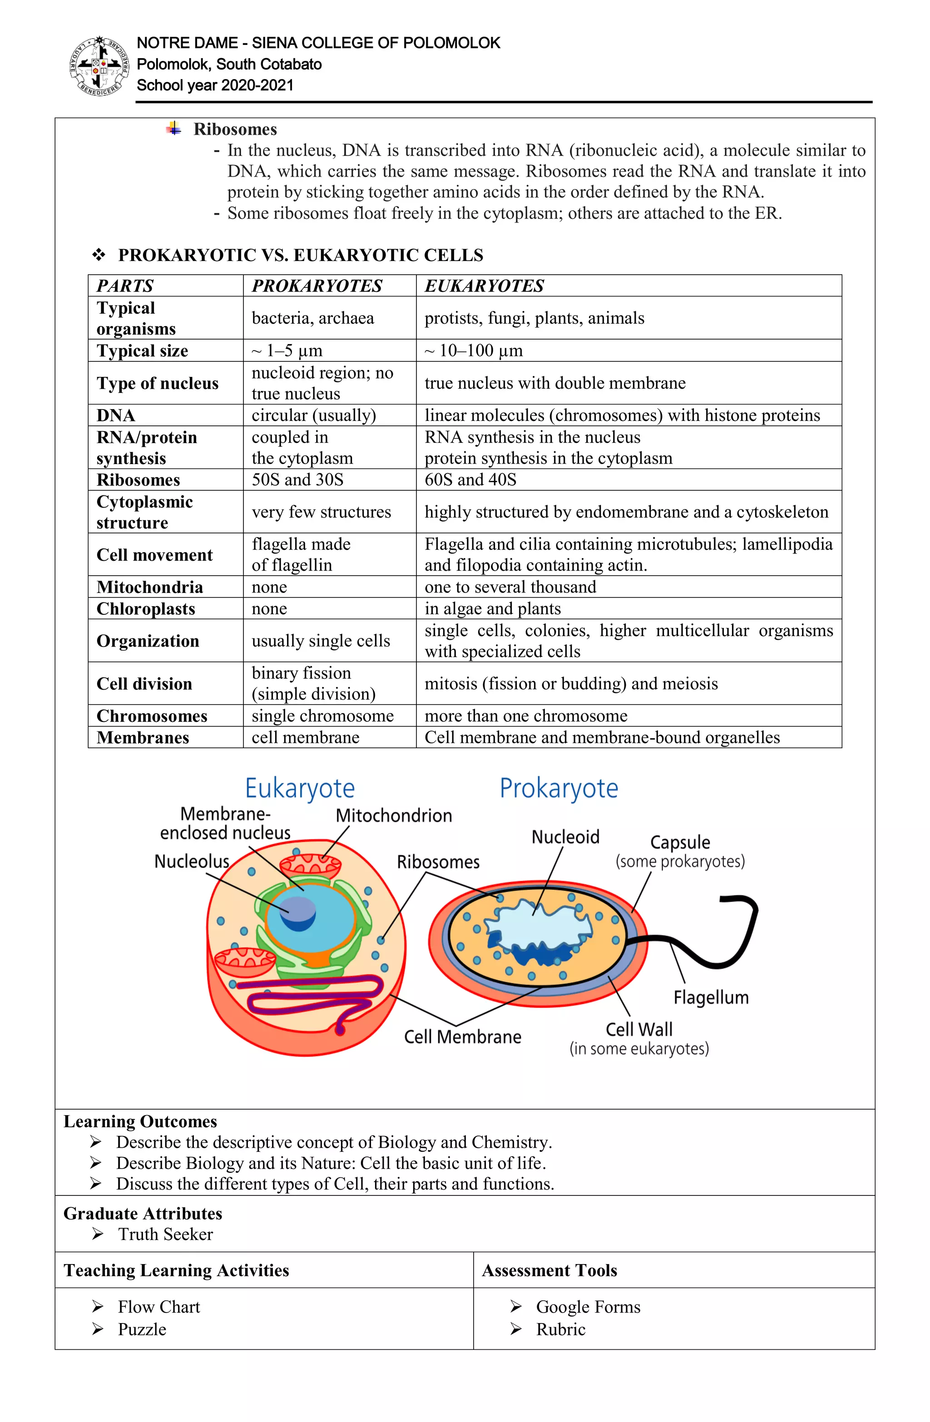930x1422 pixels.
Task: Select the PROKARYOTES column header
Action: (x=317, y=286)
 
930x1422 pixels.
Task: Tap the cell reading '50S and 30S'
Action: (x=297, y=480)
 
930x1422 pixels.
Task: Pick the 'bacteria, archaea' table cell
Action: (x=312, y=318)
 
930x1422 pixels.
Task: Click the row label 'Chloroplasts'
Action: (x=146, y=608)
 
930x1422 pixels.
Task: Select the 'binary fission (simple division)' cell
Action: (x=313, y=683)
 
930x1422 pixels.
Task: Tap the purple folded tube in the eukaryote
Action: (x=311, y=995)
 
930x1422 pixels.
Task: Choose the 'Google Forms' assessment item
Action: (x=588, y=1307)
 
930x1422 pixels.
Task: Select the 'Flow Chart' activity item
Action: (x=158, y=1307)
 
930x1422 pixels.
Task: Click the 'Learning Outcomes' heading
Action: (x=140, y=1121)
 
